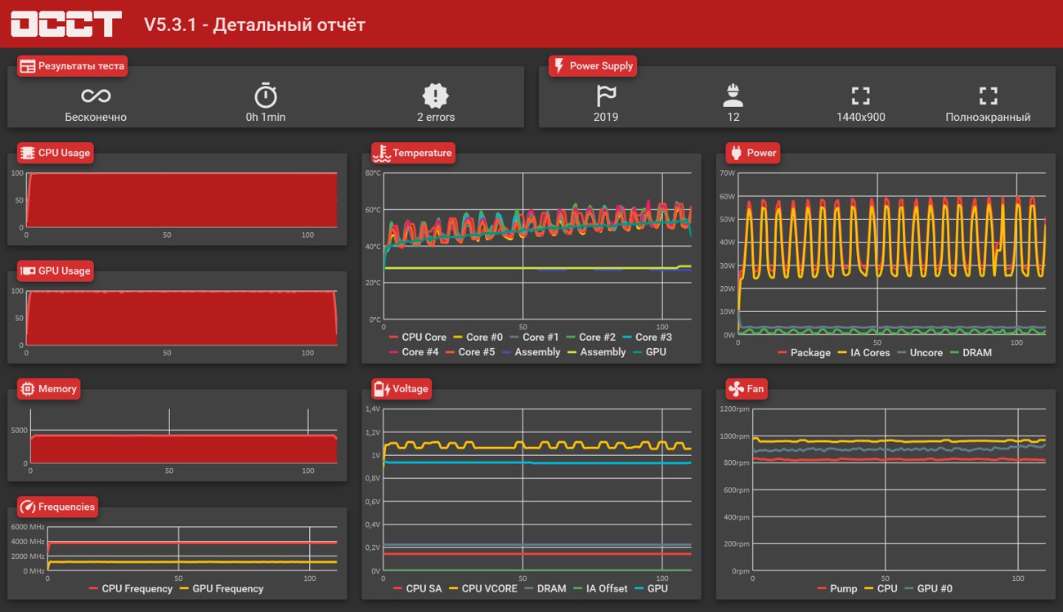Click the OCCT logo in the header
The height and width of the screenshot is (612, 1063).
[x=66, y=24]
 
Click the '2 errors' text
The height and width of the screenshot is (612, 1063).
[x=436, y=117]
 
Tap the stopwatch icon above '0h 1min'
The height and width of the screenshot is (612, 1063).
[x=266, y=96]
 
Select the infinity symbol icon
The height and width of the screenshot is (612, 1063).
[x=96, y=96]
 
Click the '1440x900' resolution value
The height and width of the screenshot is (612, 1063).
[x=860, y=117]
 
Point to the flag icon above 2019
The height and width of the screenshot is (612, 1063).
[x=606, y=96]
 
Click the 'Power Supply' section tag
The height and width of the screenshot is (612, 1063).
[x=593, y=66]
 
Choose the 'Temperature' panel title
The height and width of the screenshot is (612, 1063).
[x=413, y=153]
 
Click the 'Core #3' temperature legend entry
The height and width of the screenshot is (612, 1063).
[x=648, y=337]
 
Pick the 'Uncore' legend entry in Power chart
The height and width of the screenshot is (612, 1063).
[x=920, y=353]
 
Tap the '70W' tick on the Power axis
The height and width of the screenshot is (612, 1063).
[x=727, y=173]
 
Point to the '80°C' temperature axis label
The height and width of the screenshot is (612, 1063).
[x=373, y=173]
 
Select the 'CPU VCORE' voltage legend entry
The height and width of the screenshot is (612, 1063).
[x=483, y=588]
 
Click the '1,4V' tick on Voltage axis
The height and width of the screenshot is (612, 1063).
[x=373, y=409]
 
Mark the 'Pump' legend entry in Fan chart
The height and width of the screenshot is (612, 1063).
[x=837, y=588]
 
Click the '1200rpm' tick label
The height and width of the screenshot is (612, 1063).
[x=734, y=409]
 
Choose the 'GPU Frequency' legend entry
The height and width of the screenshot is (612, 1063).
[x=222, y=588]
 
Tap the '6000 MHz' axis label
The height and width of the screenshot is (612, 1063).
[x=28, y=527]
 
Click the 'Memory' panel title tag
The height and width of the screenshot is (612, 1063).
[x=49, y=389]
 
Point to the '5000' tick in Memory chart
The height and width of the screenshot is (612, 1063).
[x=20, y=430]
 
